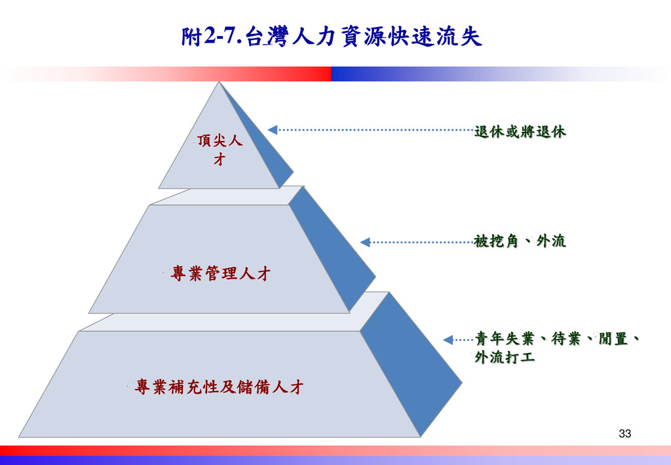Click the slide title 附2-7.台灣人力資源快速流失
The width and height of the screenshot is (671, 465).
(x=332, y=37)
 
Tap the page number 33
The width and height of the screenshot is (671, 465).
(x=624, y=434)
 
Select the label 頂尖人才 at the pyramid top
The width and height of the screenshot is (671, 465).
(x=220, y=150)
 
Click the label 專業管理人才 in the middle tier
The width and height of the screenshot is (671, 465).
(x=220, y=273)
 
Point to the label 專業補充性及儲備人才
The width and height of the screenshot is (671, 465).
(x=219, y=387)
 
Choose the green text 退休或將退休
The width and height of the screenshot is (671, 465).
(x=520, y=132)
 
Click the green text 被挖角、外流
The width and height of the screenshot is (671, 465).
(x=520, y=241)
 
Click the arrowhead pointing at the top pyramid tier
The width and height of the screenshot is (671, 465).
(x=273, y=130)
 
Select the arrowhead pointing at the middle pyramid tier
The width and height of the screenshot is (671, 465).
(x=365, y=242)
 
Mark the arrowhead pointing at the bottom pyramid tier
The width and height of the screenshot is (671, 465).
(x=448, y=340)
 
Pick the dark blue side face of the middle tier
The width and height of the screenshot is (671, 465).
(x=331, y=249)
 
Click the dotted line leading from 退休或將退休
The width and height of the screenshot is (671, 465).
(x=374, y=130)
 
